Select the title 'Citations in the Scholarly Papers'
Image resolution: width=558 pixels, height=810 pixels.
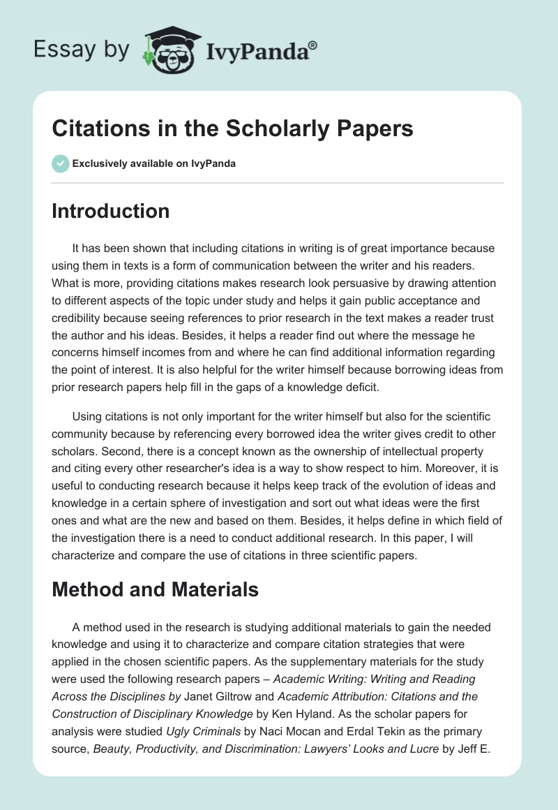(232, 129)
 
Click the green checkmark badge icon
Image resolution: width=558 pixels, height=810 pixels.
(60, 163)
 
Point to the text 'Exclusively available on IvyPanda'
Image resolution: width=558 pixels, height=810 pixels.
(153, 163)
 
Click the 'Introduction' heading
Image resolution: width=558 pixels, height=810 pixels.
(110, 211)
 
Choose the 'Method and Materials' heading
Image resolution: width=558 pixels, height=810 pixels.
(155, 589)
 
